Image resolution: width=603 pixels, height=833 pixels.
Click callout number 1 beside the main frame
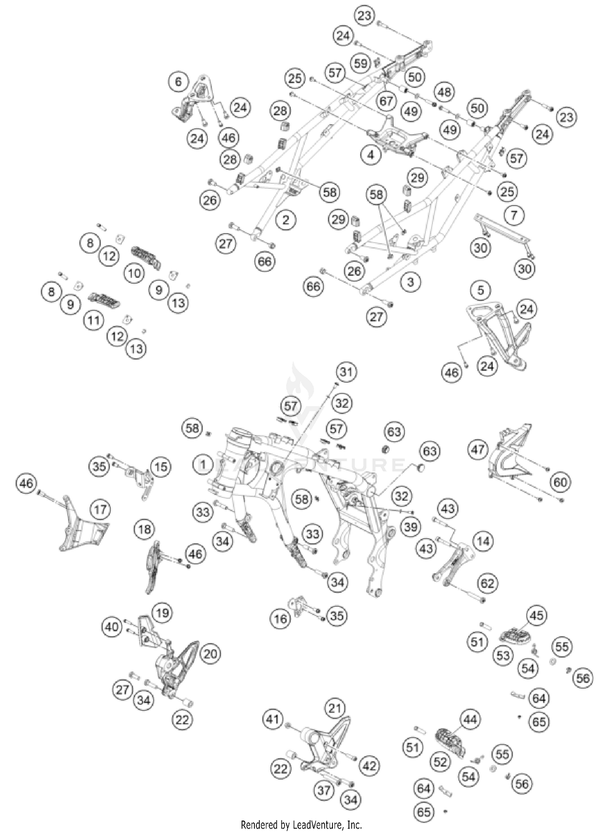click(x=203, y=465)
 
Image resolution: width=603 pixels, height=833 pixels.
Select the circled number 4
click(x=371, y=155)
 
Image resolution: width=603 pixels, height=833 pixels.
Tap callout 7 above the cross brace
click(x=514, y=215)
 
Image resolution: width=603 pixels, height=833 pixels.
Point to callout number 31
click(x=347, y=372)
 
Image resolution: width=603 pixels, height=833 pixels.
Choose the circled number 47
click(x=478, y=449)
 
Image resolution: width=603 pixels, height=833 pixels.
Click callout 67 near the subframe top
click(x=386, y=101)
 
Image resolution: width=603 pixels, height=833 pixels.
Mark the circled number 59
click(x=361, y=63)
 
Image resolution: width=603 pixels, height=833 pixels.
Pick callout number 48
click(x=444, y=92)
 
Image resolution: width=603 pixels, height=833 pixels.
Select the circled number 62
click(x=488, y=583)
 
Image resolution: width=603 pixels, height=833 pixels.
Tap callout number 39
click(x=411, y=526)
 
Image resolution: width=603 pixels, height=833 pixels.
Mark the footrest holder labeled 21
click(x=322, y=743)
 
